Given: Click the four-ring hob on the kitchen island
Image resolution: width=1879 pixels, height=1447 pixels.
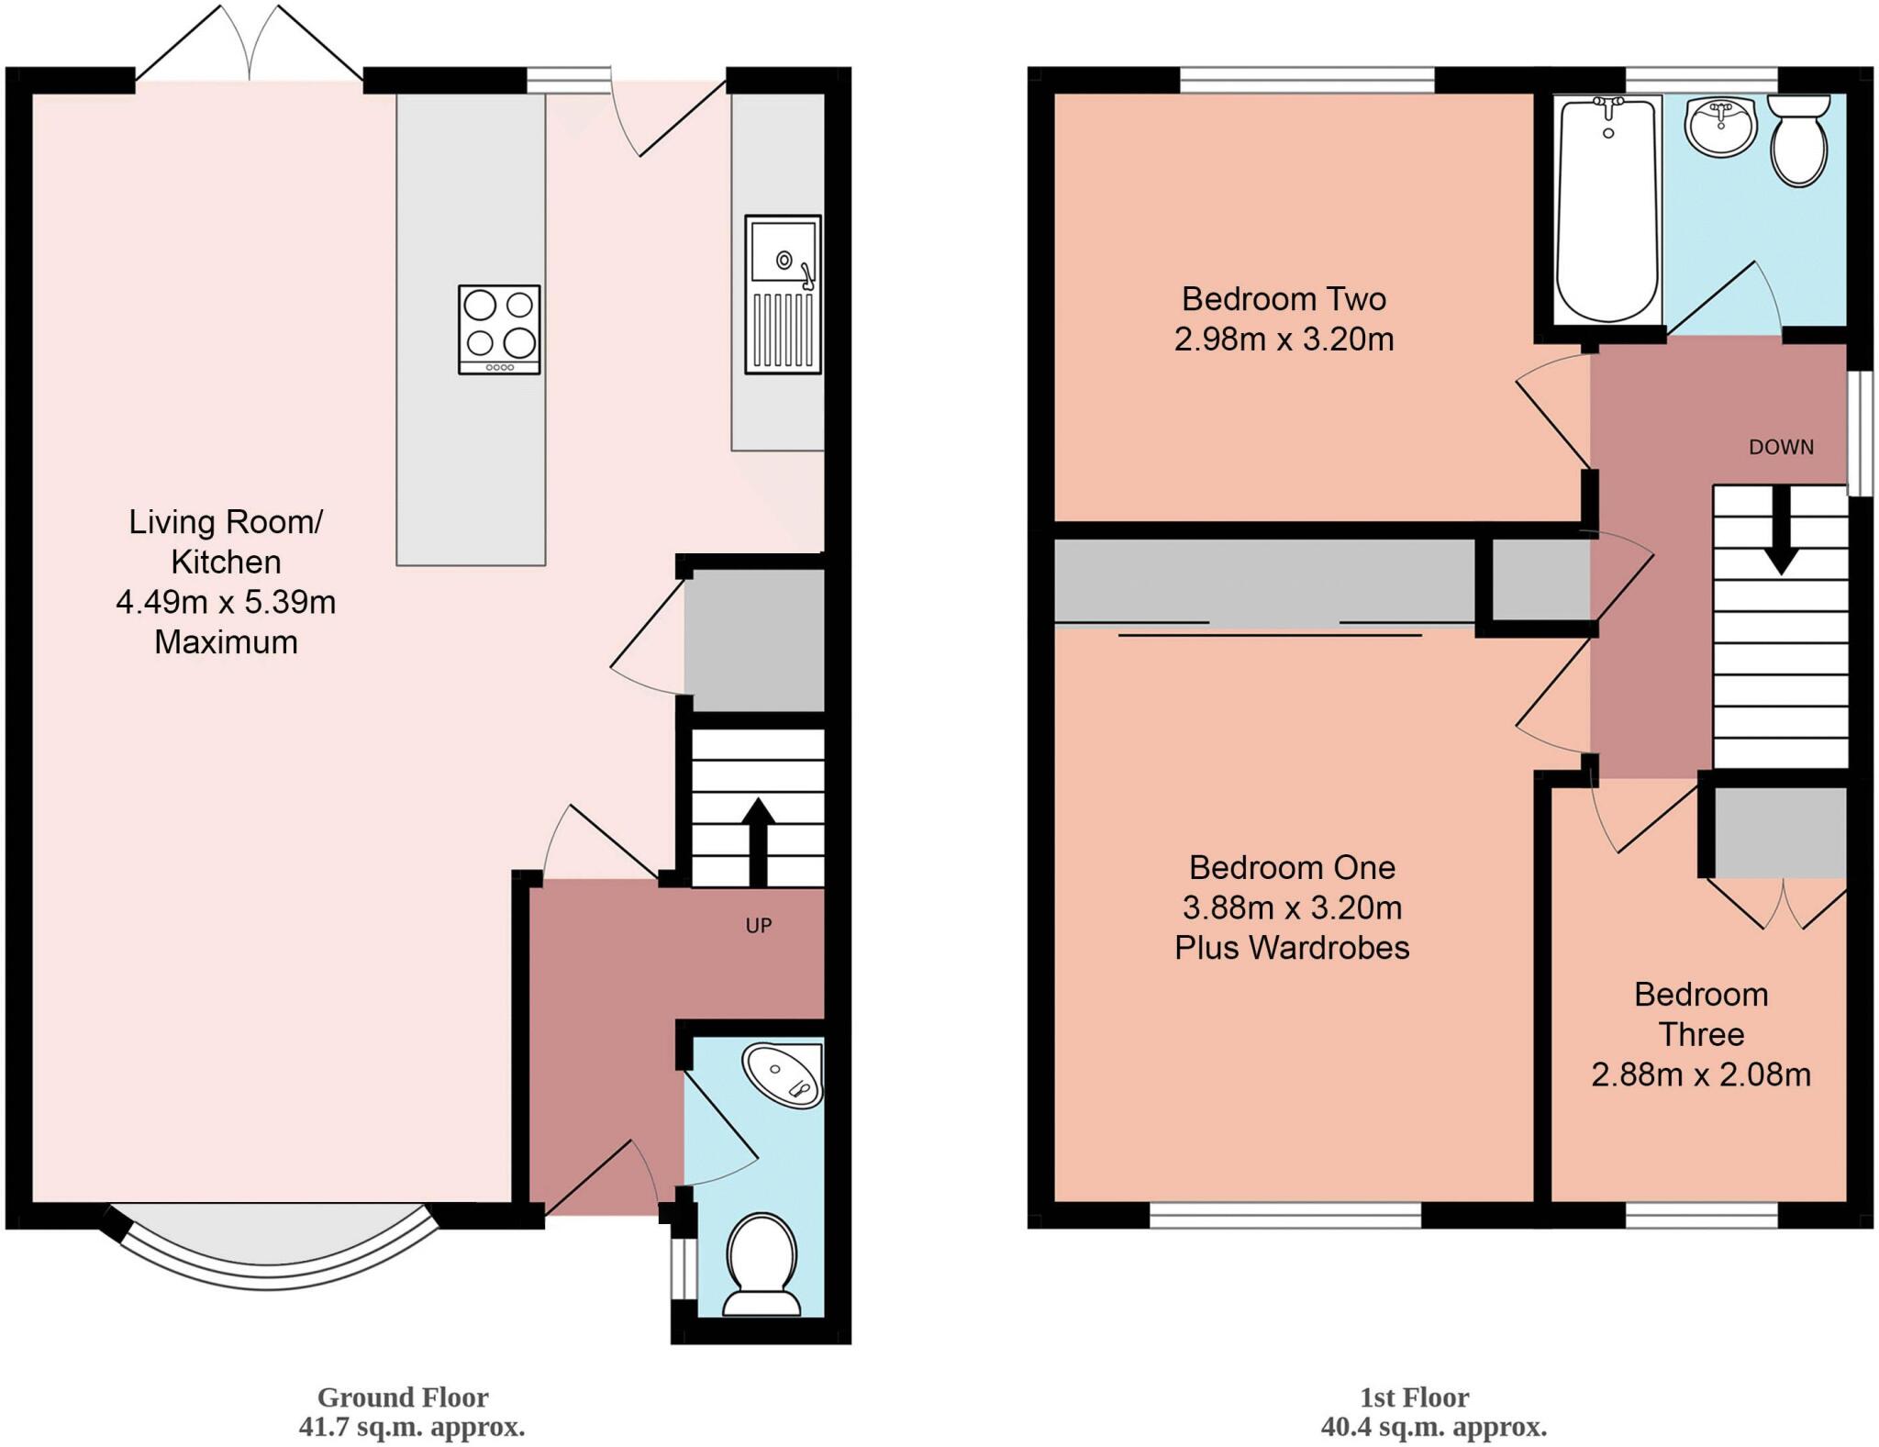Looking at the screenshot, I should coord(499,328).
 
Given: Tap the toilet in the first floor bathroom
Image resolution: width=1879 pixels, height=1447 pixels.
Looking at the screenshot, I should coord(1799,145).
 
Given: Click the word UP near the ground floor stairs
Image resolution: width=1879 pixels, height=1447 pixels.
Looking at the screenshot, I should coord(758,926).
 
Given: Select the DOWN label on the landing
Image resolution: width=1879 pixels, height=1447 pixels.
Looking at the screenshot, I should coord(1781,447).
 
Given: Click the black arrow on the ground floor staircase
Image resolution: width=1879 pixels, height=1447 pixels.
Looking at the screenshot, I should coord(757,840).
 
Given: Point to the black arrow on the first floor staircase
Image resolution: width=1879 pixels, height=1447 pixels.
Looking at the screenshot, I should coord(1781,532).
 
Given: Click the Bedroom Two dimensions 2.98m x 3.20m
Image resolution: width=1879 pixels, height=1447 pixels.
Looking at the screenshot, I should coord(1284,339).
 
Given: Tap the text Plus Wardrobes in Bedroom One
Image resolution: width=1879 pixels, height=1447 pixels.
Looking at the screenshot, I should coord(1292,948).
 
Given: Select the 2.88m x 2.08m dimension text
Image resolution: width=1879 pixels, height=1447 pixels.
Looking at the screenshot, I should coord(1700,1074).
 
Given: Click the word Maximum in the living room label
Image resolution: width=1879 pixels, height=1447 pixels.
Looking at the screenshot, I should coord(226,642).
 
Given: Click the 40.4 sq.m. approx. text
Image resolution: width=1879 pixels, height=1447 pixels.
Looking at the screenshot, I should coord(1433,1427).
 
